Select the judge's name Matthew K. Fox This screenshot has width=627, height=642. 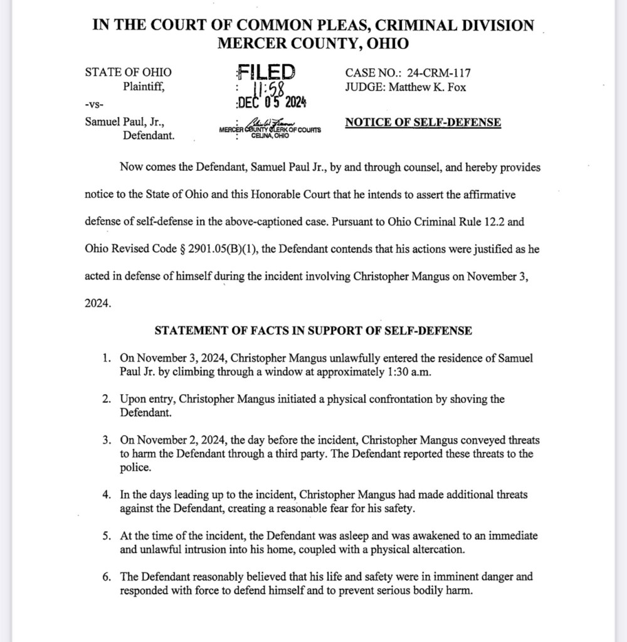click(428, 87)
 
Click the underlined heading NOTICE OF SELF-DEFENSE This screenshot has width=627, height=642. click(423, 122)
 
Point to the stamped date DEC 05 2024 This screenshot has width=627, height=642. click(271, 102)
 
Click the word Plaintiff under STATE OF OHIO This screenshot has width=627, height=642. click(144, 87)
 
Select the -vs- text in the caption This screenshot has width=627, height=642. click(94, 103)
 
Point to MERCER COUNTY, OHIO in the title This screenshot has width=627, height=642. click(313, 44)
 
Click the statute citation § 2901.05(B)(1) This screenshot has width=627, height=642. click(219, 249)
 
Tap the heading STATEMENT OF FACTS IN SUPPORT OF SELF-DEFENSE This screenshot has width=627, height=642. click(313, 330)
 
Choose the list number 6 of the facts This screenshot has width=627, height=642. click(107, 576)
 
